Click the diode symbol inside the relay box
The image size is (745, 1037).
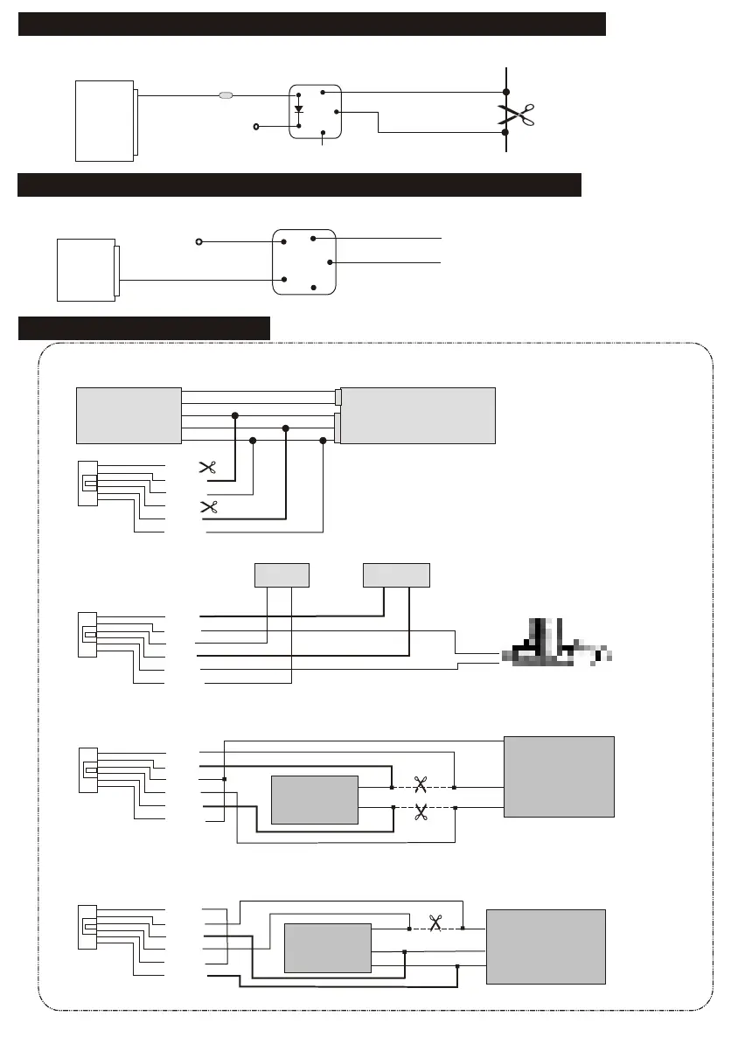click(x=299, y=110)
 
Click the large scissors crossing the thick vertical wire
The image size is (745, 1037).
click(x=516, y=115)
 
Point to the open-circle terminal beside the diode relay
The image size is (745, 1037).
click(x=256, y=127)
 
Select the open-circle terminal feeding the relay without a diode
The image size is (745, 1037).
click(x=198, y=241)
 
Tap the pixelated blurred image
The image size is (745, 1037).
click(x=555, y=646)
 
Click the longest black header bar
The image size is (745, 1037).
click(x=312, y=24)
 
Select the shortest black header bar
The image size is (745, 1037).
click(x=144, y=328)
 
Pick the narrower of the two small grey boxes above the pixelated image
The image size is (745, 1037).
click(x=281, y=574)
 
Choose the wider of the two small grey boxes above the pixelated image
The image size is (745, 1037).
click(x=396, y=574)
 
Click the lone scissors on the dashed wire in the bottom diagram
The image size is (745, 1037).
click(x=435, y=922)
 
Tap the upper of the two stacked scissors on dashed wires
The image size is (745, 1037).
click(x=420, y=784)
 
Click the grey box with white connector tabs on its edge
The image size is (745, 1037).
click(x=418, y=415)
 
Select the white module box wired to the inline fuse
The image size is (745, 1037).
click(x=104, y=121)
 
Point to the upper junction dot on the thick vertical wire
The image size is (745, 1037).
click(x=506, y=91)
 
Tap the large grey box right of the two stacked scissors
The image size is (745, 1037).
click(x=559, y=776)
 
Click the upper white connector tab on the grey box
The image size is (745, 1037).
click(x=338, y=397)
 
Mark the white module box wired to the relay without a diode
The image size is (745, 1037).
click(x=86, y=269)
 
